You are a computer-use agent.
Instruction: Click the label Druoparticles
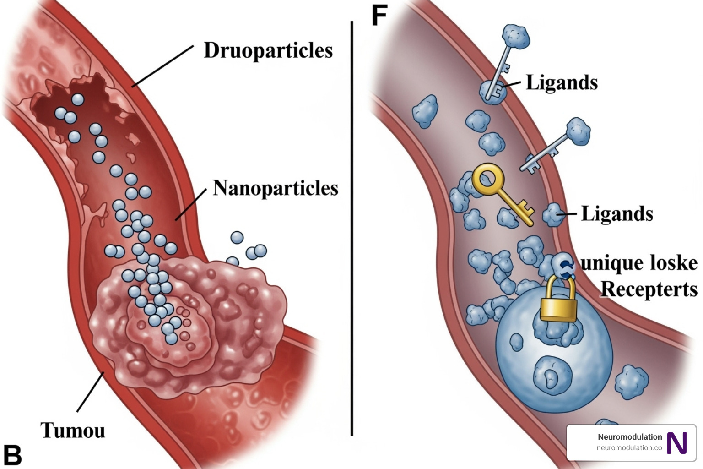point(268,51)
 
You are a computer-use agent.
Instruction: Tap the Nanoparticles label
point(275,188)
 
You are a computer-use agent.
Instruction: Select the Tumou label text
point(73,431)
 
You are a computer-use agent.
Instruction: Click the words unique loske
point(639,263)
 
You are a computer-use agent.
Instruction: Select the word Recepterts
point(649,289)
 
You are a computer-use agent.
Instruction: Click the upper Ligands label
point(562,83)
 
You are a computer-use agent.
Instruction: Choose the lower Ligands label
point(617,214)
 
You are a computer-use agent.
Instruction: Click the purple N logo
point(677,443)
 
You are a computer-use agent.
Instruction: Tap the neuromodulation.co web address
point(629,448)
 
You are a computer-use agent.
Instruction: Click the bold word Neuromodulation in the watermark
point(630,437)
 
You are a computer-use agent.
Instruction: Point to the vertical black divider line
point(351,229)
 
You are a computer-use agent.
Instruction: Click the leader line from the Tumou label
point(90,392)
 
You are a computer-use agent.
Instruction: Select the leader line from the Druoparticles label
point(163,65)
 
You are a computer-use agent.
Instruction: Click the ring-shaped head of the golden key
point(488,179)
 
